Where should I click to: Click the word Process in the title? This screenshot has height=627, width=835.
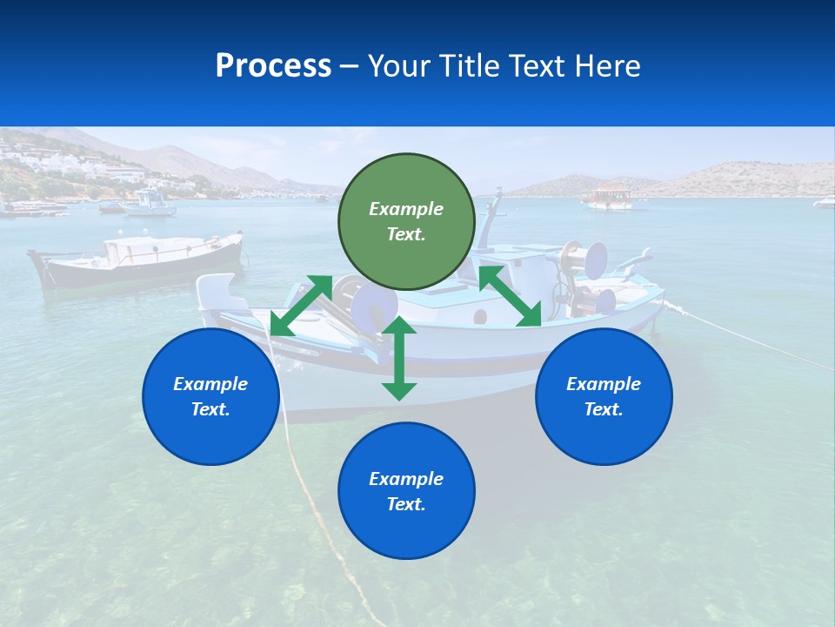click(x=273, y=66)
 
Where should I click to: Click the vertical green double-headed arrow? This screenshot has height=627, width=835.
click(x=399, y=358)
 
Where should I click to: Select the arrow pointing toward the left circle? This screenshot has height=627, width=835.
click(x=301, y=305)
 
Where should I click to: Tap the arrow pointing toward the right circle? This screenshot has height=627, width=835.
click(x=510, y=297)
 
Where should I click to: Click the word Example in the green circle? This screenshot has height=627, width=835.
click(x=406, y=209)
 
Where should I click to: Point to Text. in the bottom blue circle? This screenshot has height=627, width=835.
click(x=406, y=504)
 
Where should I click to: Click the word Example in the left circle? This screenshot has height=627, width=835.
click(x=210, y=384)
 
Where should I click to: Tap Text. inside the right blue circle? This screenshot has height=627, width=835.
click(x=604, y=409)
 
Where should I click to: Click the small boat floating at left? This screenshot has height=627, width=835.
click(x=135, y=259)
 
